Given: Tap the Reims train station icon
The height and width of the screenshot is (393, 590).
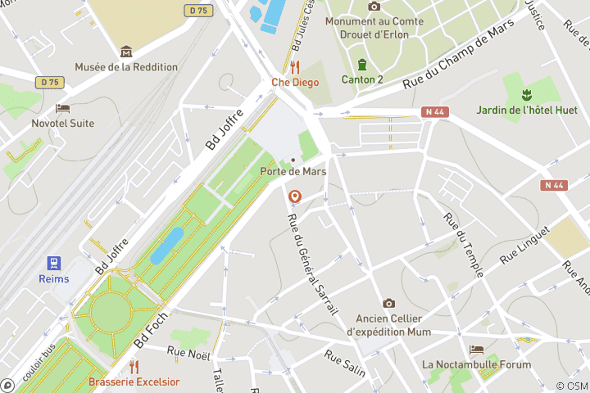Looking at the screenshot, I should coord(54,263).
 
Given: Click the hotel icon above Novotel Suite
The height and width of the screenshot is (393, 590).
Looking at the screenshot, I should coord(62,108).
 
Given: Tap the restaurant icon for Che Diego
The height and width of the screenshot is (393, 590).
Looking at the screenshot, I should coord(295,67).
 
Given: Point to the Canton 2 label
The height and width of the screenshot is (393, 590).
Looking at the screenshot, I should coord(361,79).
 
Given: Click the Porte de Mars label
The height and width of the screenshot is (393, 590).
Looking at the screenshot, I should coord(293,171).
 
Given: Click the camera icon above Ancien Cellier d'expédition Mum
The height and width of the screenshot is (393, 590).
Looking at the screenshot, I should coord(388,304).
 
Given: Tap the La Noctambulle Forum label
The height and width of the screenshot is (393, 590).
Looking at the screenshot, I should coord(476,364).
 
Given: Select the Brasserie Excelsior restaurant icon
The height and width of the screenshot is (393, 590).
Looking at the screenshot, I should coord(134,367).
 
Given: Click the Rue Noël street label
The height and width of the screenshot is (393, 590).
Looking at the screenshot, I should coord(188,353).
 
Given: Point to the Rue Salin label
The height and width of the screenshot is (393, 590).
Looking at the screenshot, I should coord(344,363).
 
